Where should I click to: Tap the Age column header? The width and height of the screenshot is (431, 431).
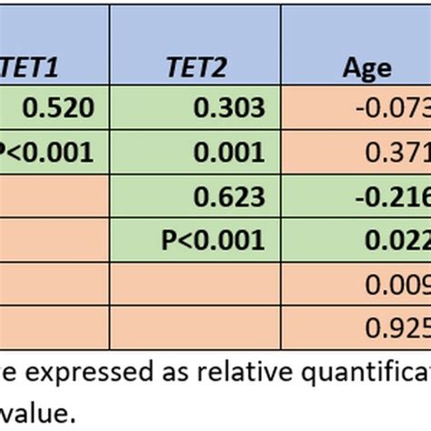367,67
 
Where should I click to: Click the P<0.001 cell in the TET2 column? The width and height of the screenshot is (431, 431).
213,239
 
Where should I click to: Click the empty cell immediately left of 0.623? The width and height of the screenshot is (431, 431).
55,195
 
